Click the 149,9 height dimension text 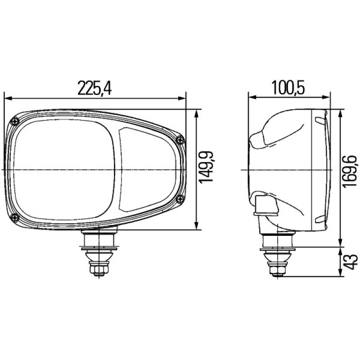206,167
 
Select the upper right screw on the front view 181,139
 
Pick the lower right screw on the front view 181,199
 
